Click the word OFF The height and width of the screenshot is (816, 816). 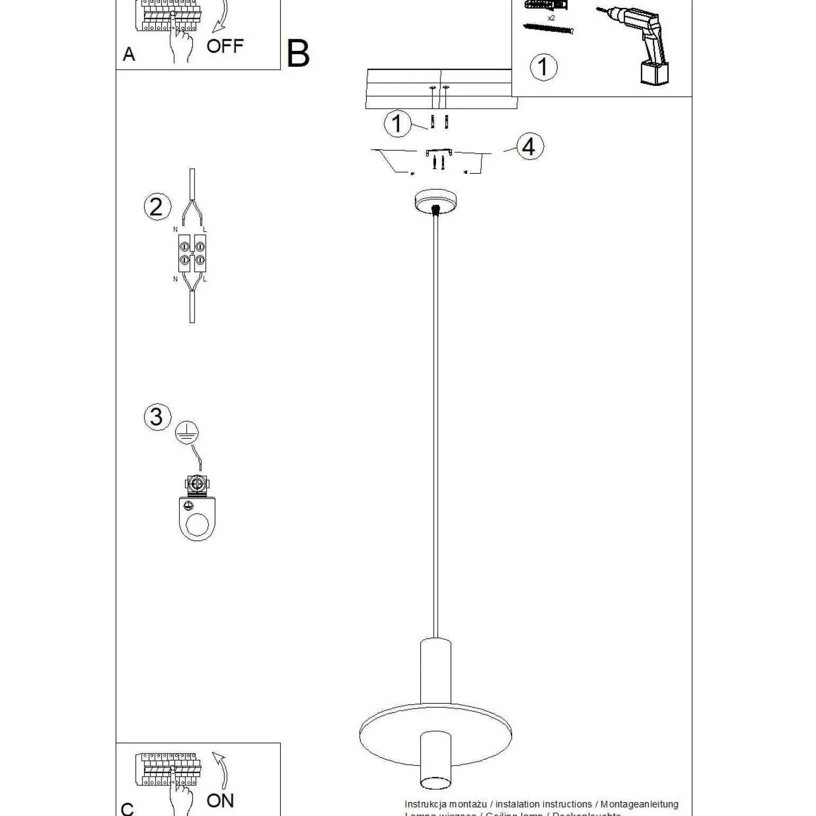(225, 47)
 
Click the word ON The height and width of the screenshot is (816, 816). (220, 800)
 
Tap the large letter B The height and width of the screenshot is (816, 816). (298, 54)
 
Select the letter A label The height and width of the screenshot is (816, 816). (129, 54)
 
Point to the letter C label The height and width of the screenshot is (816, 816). (128, 809)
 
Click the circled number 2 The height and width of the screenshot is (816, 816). (157, 207)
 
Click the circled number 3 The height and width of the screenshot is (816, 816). (157, 416)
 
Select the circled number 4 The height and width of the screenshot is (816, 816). (528, 147)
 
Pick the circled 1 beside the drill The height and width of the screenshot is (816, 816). (543, 67)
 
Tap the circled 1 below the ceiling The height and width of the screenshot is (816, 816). (397, 123)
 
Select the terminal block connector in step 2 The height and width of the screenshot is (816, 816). (192, 253)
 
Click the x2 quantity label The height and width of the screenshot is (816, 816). (551, 17)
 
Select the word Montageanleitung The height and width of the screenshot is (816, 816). (639, 804)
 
